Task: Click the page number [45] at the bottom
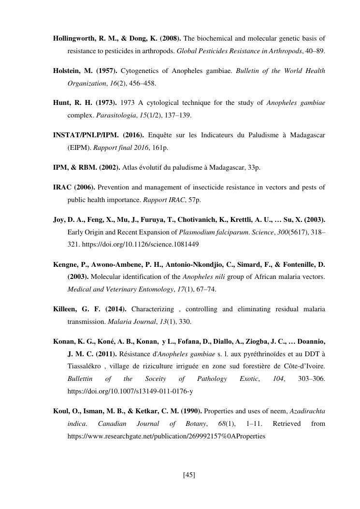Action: click(x=189, y=475)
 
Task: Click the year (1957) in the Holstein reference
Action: click(x=106, y=71)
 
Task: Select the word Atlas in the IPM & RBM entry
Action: click(x=130, y=167)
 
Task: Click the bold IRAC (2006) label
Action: click(x=74, y=187)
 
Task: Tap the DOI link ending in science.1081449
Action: click(x=141, y=244)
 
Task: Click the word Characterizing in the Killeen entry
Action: click(x=152, y=309)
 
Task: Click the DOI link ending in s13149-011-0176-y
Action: click(x=130, y=391)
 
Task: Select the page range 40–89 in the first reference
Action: click(x=314, y=50)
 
